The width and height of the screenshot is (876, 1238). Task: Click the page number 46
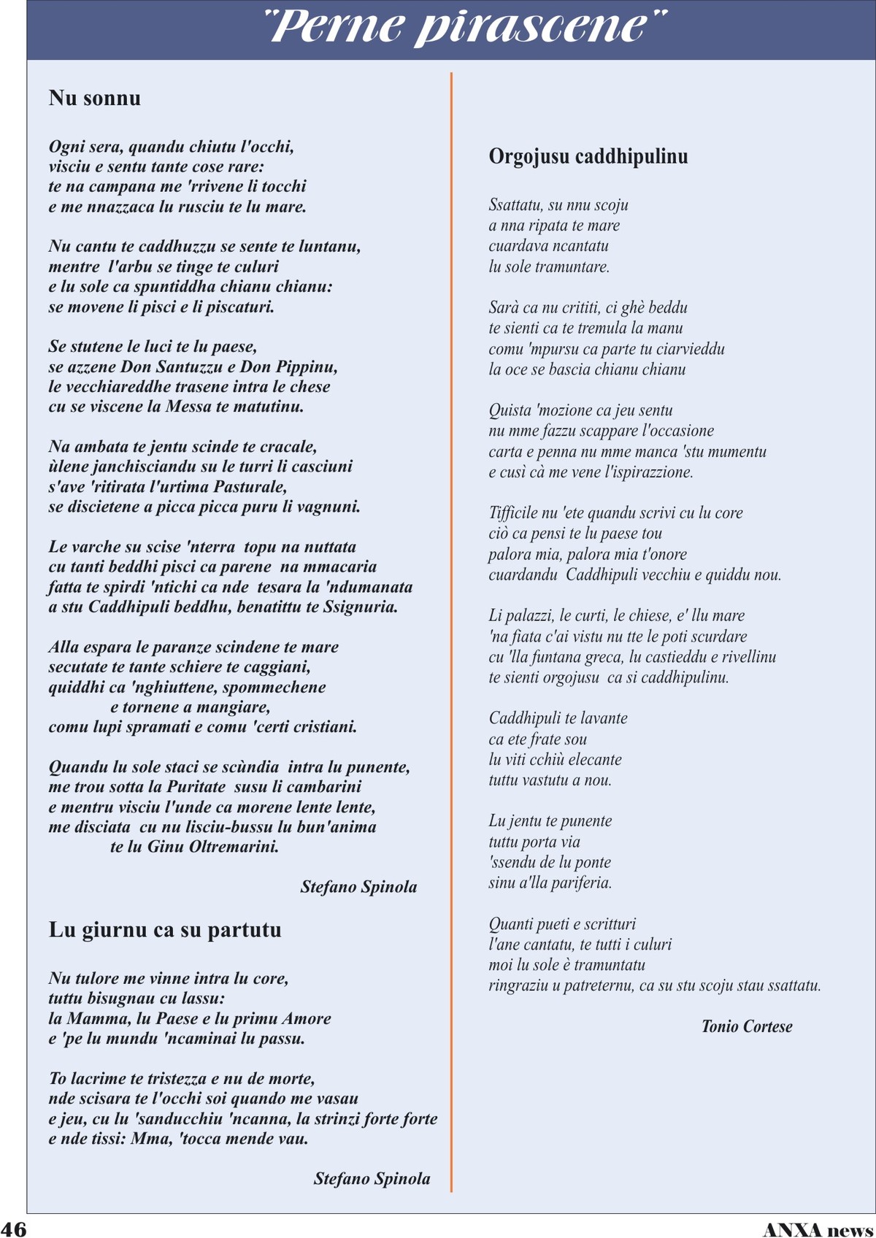(14, 1229)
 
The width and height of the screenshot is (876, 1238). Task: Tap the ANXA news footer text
(818, 1230)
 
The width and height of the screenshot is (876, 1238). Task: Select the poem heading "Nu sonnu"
(95, 98)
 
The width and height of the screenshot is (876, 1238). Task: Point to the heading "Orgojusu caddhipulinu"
(588, 156)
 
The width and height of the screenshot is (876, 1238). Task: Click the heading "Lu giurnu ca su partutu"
(165, 930)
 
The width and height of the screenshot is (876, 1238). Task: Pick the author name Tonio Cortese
(746, 1026)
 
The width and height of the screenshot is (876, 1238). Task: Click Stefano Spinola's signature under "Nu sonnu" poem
(358, 887)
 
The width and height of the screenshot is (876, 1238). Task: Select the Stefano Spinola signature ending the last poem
(372, 1178)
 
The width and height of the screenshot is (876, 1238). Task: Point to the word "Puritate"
(196, 787)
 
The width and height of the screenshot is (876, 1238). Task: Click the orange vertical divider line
(451, 628)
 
